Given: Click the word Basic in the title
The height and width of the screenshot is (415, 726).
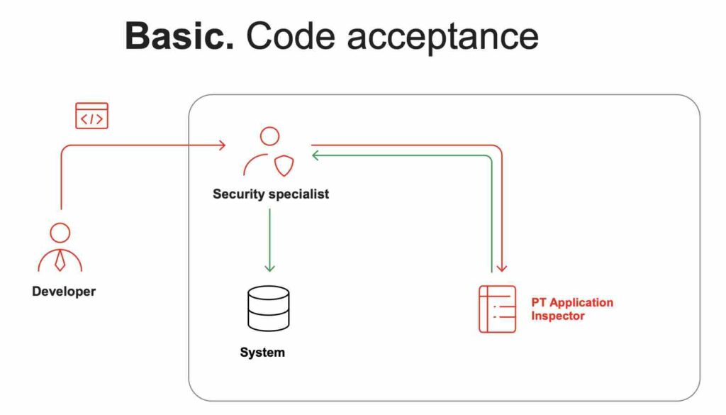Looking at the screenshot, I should click(179, 35).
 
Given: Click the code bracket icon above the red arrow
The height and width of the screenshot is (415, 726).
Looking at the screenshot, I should click(92, 116).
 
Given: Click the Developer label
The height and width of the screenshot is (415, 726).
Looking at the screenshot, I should click(64, 291).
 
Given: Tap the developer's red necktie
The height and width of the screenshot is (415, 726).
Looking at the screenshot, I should click(60, 260).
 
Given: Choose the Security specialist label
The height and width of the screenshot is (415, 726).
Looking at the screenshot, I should click(271, 194).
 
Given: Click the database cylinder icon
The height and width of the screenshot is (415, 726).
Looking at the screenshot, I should click(269, 307).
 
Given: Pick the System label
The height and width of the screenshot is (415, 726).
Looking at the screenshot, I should click(262, 352).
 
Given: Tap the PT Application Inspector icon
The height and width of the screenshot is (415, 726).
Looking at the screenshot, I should click(497, 309).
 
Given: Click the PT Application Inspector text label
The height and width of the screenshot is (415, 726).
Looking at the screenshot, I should click(572, 309).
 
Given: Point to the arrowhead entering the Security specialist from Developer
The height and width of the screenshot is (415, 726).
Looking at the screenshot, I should click(222, 145).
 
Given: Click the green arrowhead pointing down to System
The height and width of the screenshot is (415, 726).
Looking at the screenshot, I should click(269, 268).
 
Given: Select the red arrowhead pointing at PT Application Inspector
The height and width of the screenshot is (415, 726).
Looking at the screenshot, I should click(501, 268).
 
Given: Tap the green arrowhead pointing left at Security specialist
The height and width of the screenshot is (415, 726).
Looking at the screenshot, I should click(315, 155).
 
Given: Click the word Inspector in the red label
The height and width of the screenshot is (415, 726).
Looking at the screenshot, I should click(558, 316).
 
